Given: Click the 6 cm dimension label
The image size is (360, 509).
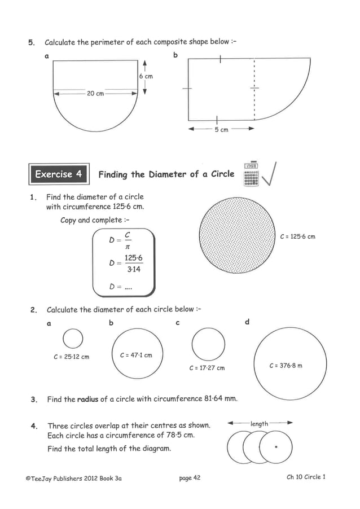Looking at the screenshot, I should pyautogui.click(x=146, y=76).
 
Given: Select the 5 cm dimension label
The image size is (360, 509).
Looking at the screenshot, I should pyautogui.click(x=221, y=130).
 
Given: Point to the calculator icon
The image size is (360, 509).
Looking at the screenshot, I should pyautogui.click(x=251, y=174).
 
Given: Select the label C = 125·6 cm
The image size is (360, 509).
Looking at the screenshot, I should pyautogui.click(x=297, y=236).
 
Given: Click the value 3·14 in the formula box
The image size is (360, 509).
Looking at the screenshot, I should pyautogui.click(x=134, y=270).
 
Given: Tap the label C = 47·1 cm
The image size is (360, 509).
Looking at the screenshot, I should pyautogui.click(x=136, y=355).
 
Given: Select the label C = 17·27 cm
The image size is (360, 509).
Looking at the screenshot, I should pyautogui.click(x=207, y=368).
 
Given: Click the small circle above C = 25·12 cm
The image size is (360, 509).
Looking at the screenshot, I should pyautogui.click(x=73, y=339).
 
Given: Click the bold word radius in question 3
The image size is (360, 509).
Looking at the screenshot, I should pyautogui.click(x=87, y=399).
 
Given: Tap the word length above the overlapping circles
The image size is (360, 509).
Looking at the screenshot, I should pyautogui.click(x=259, y=423).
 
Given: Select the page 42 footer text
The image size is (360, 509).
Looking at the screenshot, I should pyautogui.click(x=190, y=478).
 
